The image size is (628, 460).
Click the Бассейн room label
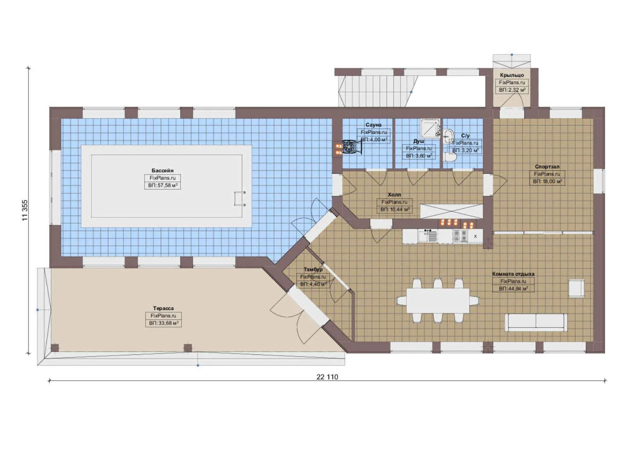(163, 170)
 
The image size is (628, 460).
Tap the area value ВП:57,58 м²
(163, 185)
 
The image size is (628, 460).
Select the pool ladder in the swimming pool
(240, 198)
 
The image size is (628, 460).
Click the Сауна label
(374, 125)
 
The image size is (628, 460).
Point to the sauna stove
(349, 147)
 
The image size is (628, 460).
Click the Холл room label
(394, 195)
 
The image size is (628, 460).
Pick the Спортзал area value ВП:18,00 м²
(547, 181)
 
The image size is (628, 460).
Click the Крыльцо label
(512, 75)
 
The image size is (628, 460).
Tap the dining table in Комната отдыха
(438, 301)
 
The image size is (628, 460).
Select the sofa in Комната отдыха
(536, 322)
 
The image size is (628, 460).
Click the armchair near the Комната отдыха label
(576, 288)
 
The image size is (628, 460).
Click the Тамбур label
(313, 269)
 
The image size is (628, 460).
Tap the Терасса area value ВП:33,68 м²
(164, 323)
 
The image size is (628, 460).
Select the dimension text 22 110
(327, 377)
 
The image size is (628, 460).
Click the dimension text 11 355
(25, 210)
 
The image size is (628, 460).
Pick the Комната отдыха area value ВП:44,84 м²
(513, 288)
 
